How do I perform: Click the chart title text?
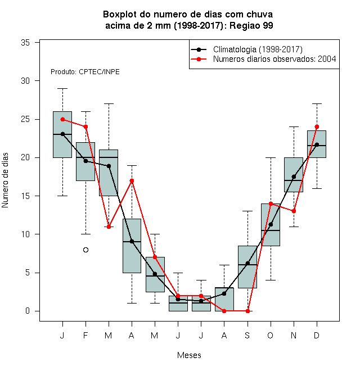click(188, 20)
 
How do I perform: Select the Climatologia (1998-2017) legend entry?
click(247, 49)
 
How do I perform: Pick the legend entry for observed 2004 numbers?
click(263, 59)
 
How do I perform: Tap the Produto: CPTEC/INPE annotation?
click(85, 72)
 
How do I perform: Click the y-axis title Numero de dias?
click(5, 180)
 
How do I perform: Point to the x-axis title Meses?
click(189, 355)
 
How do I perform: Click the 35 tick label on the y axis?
click(25, 43)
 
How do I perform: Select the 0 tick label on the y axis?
click(28, 311)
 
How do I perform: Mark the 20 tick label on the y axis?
click(25, 157)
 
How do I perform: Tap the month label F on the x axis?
click(85, 335)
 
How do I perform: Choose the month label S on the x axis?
click(247, 335)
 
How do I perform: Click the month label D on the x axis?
click(317, 335)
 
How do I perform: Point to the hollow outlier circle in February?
click(85, 250)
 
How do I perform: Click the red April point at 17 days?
click(132, 181)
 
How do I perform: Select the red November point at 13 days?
click(294, 211)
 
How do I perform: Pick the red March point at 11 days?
click(109, 227)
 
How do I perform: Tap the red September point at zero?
click(247, 311)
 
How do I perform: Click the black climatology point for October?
click(271, 224)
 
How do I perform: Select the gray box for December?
click(317, 144)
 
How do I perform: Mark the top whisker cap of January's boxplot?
click(62, 88)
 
